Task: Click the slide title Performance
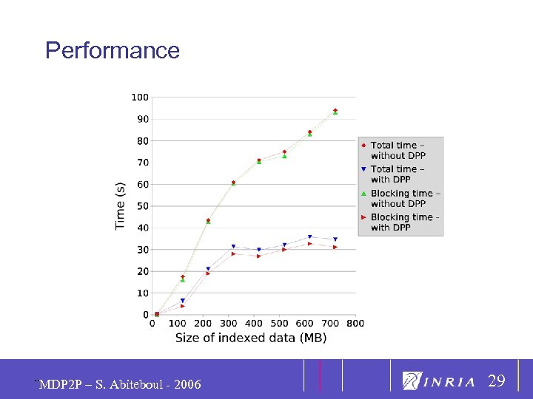click(x=112, y=50)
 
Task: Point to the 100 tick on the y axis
click(x=140, y=98)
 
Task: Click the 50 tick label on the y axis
click(x=141, y=206)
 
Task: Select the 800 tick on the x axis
click(x=355, y=323)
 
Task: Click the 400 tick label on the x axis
click(x=254, y=323)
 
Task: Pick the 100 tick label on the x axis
click(x=178, y=323)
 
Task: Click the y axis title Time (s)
click(x=121, y=205)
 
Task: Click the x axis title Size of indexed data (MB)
click(x=250, y=338)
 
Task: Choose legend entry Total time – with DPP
click(x=398, y=174)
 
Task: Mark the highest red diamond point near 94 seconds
click(x=335, y=110)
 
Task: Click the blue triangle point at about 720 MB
click(x=335, y=239)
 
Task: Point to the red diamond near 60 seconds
click(x=233, y=182)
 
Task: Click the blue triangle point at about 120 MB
click(x=183, y=301)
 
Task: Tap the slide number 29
click(x=496, y=381)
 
